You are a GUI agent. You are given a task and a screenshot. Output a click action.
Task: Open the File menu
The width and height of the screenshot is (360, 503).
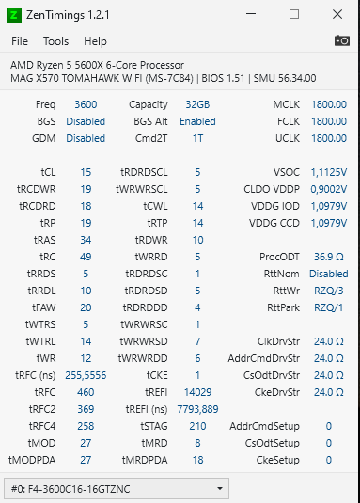(20, 41)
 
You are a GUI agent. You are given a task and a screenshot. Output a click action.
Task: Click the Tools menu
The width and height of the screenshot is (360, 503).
(55, 41)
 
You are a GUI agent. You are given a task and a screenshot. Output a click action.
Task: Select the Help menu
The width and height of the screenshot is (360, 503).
(95, 41)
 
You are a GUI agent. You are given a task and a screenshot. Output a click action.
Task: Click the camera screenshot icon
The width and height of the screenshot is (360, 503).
(341, 41)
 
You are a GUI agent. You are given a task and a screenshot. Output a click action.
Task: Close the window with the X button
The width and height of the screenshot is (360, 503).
(337, 15)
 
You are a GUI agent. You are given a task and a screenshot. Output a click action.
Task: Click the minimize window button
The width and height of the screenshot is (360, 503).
(251, 15)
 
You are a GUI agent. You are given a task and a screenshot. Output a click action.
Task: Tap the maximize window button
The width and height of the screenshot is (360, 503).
(293, 15)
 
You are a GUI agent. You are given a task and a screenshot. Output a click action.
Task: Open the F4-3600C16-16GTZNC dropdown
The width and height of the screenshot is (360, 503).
(117, 489)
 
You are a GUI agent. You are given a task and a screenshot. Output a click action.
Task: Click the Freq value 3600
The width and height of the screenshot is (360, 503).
(85, 104)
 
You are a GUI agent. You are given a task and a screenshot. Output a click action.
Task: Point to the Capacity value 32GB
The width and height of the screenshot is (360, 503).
(197, 104)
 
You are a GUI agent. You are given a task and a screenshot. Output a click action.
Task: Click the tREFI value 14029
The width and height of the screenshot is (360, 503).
(198, 392)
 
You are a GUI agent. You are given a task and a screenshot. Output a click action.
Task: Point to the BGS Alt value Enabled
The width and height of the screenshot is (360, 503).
(197, 121)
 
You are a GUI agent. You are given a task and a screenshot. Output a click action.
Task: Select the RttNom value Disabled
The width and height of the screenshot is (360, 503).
(328, 274)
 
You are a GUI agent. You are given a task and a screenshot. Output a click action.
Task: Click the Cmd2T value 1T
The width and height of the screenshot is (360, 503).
(197, 138)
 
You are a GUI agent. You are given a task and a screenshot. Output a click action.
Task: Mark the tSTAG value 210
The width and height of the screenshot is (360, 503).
(197, 426)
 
